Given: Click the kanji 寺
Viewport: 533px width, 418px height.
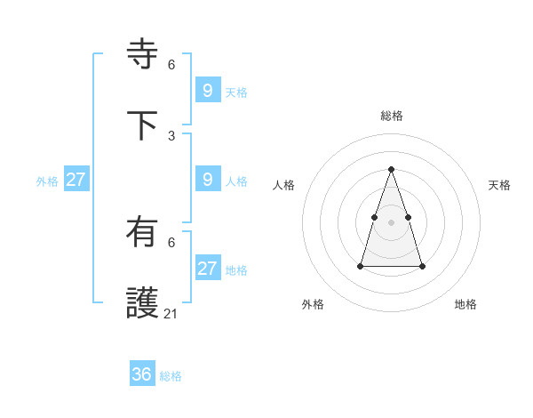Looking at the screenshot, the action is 143,53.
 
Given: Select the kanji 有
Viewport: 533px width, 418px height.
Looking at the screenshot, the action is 143,233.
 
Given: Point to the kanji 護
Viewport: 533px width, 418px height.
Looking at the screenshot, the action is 143,303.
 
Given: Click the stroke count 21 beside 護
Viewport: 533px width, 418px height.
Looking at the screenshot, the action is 171,313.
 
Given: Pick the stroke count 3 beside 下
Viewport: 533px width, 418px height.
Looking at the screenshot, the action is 171,135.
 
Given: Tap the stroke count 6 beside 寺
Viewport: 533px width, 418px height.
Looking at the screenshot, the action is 171,64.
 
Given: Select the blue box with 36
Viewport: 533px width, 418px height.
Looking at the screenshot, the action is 142,374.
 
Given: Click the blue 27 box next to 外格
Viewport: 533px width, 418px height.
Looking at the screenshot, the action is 76,180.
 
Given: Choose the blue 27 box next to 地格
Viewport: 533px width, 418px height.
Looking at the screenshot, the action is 208,269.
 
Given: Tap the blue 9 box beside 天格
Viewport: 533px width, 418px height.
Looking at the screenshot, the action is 208,90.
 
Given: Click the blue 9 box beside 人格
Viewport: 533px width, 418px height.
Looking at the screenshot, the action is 208,180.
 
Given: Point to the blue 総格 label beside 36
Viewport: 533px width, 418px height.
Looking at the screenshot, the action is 171,376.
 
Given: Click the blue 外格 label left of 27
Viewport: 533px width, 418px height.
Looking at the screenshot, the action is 47,181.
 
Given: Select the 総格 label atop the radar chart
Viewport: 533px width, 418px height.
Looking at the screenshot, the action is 392,116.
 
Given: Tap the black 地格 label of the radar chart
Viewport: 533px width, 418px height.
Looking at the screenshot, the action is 465,304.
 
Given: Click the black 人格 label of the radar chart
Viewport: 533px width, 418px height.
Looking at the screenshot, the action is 283,185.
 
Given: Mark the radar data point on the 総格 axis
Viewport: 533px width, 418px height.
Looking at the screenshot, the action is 392,169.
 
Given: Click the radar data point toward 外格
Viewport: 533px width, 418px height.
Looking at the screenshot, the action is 361,266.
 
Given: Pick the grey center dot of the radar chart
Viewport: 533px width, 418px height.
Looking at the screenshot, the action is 392,221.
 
